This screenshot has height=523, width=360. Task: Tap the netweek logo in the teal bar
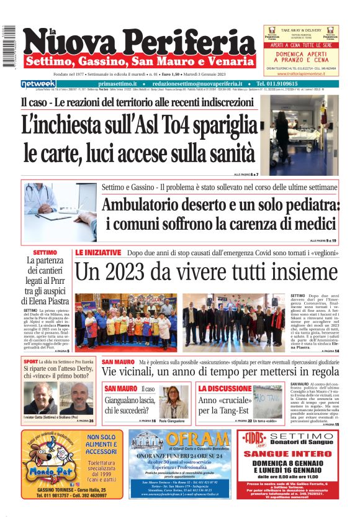(x=38, y=84)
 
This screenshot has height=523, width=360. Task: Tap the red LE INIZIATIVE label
(x=98, y=253)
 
